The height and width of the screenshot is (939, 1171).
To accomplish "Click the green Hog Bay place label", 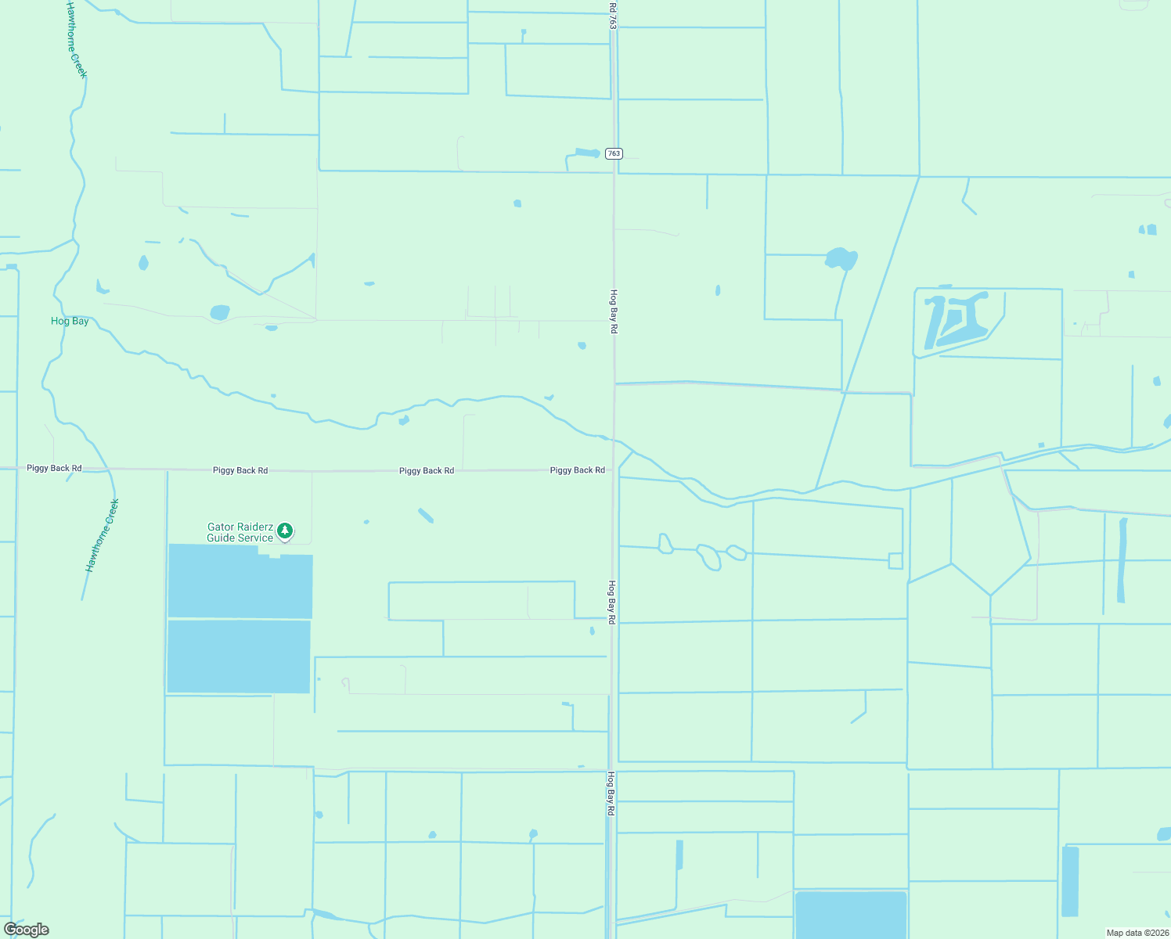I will click(x=70, y=321).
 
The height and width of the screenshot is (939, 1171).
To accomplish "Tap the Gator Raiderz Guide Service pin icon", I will click(x=286, y=531).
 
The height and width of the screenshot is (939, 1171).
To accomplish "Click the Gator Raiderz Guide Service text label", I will click(x=240, y=533).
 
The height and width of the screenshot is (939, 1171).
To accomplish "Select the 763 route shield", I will click(x=614, y=153).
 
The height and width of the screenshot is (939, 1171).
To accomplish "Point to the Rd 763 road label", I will click(x=612, y=16).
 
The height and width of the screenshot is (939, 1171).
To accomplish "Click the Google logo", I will click(x=27, y=929).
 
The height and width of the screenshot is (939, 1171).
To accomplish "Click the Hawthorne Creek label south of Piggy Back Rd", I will click(x=102, y=535).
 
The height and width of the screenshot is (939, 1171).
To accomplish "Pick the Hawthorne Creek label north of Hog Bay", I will click(x=76, y=39).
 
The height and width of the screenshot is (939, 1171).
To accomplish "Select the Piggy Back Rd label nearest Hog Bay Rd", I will click(x=577, y=470).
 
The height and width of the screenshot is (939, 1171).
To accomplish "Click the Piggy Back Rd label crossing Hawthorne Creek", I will click(x=54, y=468).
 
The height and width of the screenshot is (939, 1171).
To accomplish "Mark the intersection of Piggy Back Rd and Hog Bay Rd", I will click(x=613, y=469).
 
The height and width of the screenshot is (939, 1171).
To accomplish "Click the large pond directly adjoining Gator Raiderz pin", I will click(x=240, y=580).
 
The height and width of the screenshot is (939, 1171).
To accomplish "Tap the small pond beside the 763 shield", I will click(x=587, y=153).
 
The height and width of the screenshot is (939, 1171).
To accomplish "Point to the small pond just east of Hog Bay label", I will click(x=143, y=263).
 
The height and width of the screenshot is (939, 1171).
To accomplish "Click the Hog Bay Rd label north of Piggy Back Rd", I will click(x=614, y=311).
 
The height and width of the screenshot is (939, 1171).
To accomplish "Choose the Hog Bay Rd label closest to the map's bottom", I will click(x=611, y=793).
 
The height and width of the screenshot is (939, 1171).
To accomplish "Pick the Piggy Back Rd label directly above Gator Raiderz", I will click(x=240, y=470).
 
